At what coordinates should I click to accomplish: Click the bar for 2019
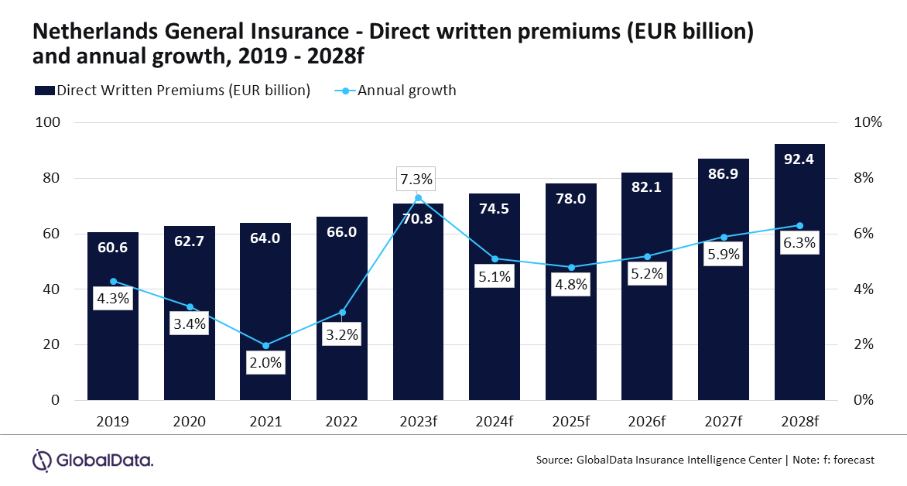click(112, 348)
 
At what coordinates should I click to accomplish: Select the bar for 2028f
click(799, 325)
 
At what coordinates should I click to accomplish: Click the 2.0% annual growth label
click(265, 362)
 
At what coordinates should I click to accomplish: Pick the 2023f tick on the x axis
click(417, 422)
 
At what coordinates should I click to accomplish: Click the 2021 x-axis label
click(265, 422)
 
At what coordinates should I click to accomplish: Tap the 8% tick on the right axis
click(862, 178)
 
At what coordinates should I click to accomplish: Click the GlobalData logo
click(92, 460)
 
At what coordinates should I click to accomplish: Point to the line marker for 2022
click(342, 313)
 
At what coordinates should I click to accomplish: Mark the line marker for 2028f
click(799, 225)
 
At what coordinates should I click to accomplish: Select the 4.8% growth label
click(571, 285)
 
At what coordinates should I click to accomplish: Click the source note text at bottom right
click(705, 460)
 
